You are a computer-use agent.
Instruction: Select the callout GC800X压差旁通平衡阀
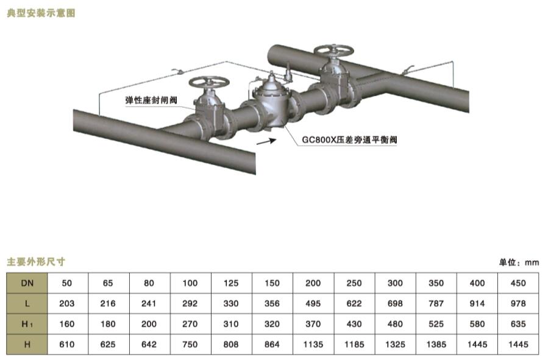click(349, 139)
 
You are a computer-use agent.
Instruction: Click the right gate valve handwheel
click(332, 51)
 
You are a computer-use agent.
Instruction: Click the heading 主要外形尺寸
click(36, 262)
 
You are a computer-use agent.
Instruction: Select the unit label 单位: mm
click(519, 263)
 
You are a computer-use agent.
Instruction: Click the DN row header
click(27, 283)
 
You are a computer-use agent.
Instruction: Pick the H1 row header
click(27, 324)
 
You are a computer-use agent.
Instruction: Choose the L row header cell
click(27, 303)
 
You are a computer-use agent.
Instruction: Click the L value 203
click(68, 303)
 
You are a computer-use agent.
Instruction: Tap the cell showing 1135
click(313, 345)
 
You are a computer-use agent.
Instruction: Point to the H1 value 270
click(191, 324)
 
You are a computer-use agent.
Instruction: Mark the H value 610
click(68, 345)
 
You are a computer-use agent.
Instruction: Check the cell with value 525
click(436, 324)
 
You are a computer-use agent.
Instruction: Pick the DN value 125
click(232, 283)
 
